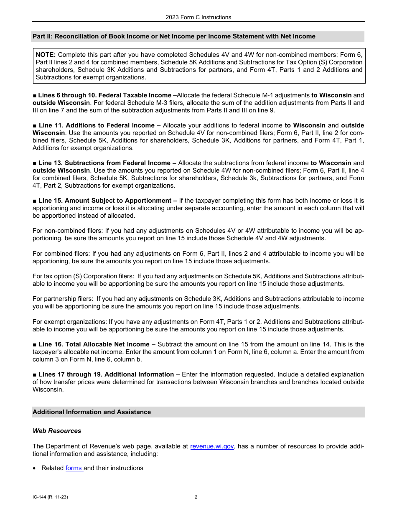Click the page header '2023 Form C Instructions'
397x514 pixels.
(198, 17)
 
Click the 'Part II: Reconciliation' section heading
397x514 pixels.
(174, 36)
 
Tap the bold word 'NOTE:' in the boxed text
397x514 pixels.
(46, 55)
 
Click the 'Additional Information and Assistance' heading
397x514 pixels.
(92, 412)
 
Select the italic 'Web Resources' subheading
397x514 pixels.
(57, 431)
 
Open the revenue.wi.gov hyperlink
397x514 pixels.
(212, 446)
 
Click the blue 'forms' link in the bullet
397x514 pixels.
(74, 468)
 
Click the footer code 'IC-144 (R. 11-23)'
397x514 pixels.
(50, 497)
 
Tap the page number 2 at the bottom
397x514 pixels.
(196, 497)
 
